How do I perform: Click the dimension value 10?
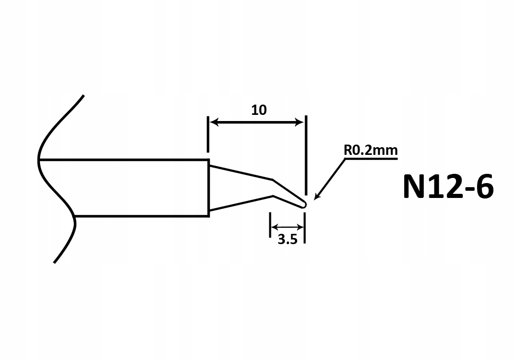click(259, 110)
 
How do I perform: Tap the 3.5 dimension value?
click(287, 239)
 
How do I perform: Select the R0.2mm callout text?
click(371, 150)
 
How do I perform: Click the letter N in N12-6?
click(414, 186)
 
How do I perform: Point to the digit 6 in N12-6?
click(483, 186)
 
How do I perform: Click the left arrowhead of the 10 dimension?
click(214, 123)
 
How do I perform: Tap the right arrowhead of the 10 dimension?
click(300, 123)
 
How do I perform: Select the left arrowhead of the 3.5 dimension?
click(274, 227)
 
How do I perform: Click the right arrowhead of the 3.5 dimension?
click(300, 227)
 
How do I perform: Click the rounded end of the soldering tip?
click(304, 205)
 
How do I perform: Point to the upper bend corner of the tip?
click(272, 179)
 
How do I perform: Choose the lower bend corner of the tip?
click(273, 196)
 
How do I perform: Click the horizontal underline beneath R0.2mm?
click(371, 158)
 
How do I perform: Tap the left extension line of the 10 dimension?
click(208, 134)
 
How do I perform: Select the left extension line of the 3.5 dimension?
click(270, 225)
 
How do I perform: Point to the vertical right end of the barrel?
click(209, 188)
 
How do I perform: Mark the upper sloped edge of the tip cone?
click(241, 173)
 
